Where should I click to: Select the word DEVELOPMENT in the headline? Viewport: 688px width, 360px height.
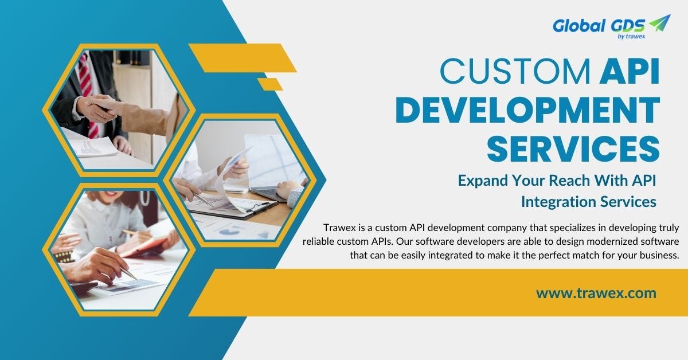pos(527,111)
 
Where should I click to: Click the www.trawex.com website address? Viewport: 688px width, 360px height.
pos(596,293)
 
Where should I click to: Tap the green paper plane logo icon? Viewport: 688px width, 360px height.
pos(659,23)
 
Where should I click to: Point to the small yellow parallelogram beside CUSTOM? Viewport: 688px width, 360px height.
pos(269,84)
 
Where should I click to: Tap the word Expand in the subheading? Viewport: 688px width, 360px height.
pos(480,180)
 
